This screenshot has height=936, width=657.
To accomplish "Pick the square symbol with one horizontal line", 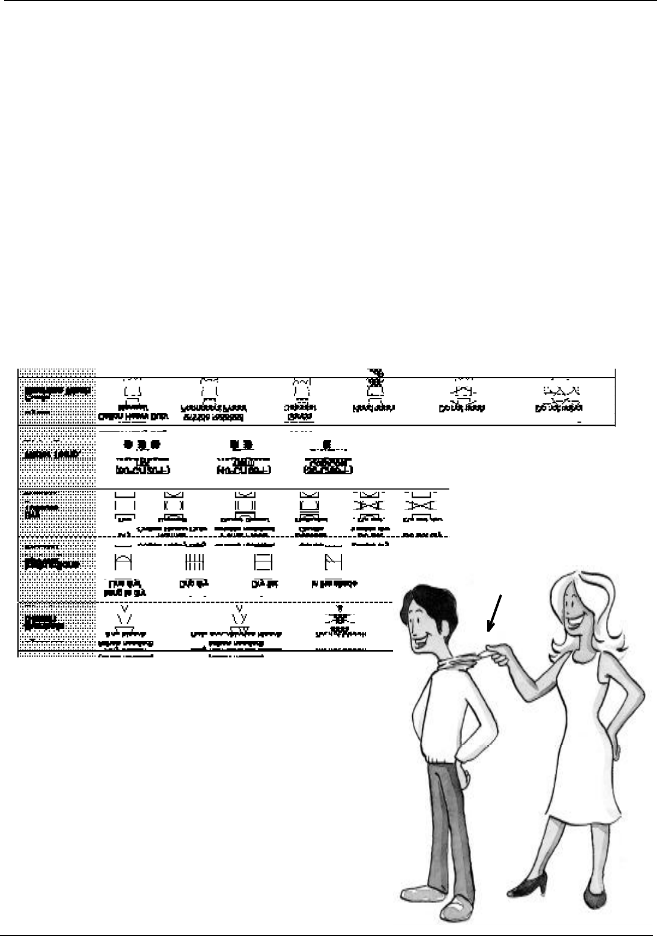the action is (x=263, y=562).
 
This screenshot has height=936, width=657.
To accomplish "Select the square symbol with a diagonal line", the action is (x=332, y=562).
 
